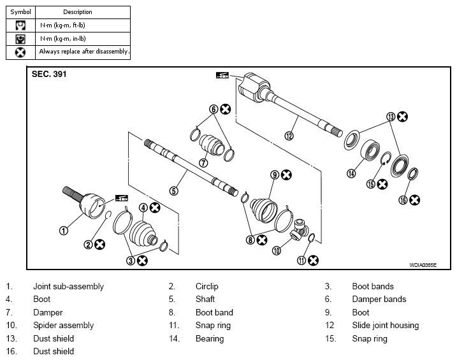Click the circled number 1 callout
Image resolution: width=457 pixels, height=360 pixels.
pyautogui.click(x=64, y=231)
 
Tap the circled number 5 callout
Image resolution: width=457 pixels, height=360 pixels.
pyautogui.click(x=174, y=191)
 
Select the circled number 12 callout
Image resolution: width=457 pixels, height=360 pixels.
pyautogui.click(x=289, y=136)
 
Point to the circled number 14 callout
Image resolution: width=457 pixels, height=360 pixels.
pyautogui.click(x=351, y=173)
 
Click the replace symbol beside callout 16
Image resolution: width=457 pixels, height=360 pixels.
pyautogui.click(x=414, y=200)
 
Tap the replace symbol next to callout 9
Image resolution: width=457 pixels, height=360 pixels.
pyautogui.click(x=286, y=175)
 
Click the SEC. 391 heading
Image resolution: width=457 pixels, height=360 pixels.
pyautogui.click(x=49, y=74)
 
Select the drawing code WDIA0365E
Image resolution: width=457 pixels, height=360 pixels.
pyautogui.click(x=423, y=265)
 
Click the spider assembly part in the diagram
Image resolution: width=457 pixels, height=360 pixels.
pyautogui.click(x=300, y=230)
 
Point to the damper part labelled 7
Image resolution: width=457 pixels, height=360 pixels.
pyautogui.click(x=210, y=145)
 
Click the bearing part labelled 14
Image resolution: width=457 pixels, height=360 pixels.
pyautogui.click(x=370, y=149)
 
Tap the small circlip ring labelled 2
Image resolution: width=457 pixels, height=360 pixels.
pyautogui.click(x=108, y=215)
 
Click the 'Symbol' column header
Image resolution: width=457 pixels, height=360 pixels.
pyautogui.click(x=20, y=12)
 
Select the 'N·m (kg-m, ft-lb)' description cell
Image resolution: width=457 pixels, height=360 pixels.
pyautogui.click(x=83, y=25)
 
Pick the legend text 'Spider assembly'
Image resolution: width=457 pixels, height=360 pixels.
pyautogui.click(x=64, y=326)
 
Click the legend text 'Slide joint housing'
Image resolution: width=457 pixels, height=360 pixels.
pyautogui.click(x=386, y=326)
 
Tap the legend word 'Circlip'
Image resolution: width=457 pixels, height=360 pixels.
pyautogui.click(x=207, y=286)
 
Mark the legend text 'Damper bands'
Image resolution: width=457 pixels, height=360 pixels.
pyautogui.click(x=379, y=299)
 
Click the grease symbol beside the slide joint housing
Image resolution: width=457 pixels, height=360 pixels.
pyautogui.click(x=222, y=75)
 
